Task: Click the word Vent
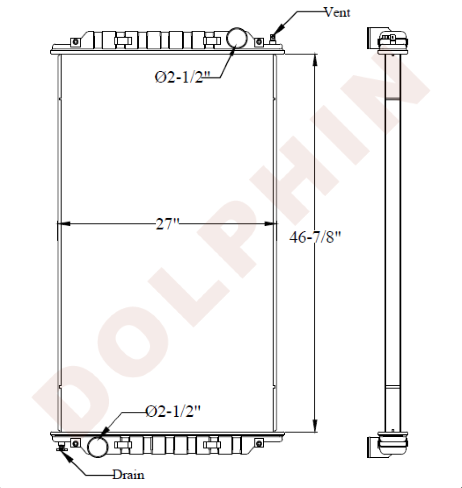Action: point(337,12)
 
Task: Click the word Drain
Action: point(128,474)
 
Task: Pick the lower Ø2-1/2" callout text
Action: point(173,411)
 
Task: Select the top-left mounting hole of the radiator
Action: point(75,42)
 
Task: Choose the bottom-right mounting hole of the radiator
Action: point(259,443)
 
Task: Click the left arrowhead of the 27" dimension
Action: point(64,224)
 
